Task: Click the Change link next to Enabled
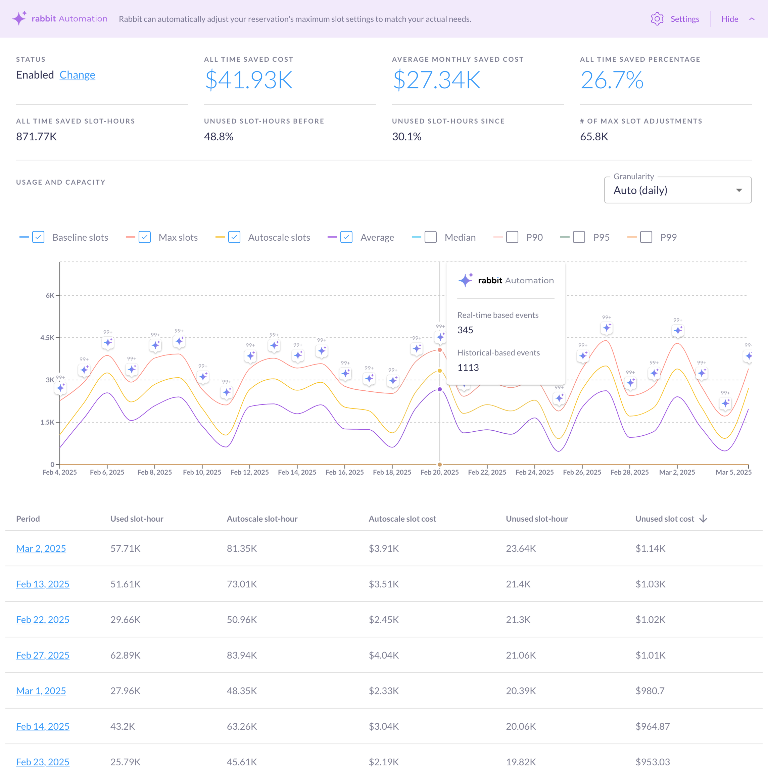pos(77,75)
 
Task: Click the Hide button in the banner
pos(729,19)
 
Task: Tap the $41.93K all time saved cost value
pos(248,80)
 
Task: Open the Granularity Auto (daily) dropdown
pos(677,190)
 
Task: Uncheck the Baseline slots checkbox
pos(38,237)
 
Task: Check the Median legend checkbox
pos(431,237)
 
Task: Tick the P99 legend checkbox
pos(646,237)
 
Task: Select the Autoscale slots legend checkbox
pos(234,237)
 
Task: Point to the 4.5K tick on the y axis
pos(47,337)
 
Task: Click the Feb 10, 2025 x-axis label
pos(202,472)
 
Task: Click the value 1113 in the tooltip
pos(468,367)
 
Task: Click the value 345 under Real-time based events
pos(465,330)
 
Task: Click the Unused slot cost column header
pos(665,519)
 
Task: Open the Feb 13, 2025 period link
pos(43,584)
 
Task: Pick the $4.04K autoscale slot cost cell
pos(383,655)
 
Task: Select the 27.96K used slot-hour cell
pos(125,691)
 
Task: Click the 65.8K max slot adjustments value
pos(594,136)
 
